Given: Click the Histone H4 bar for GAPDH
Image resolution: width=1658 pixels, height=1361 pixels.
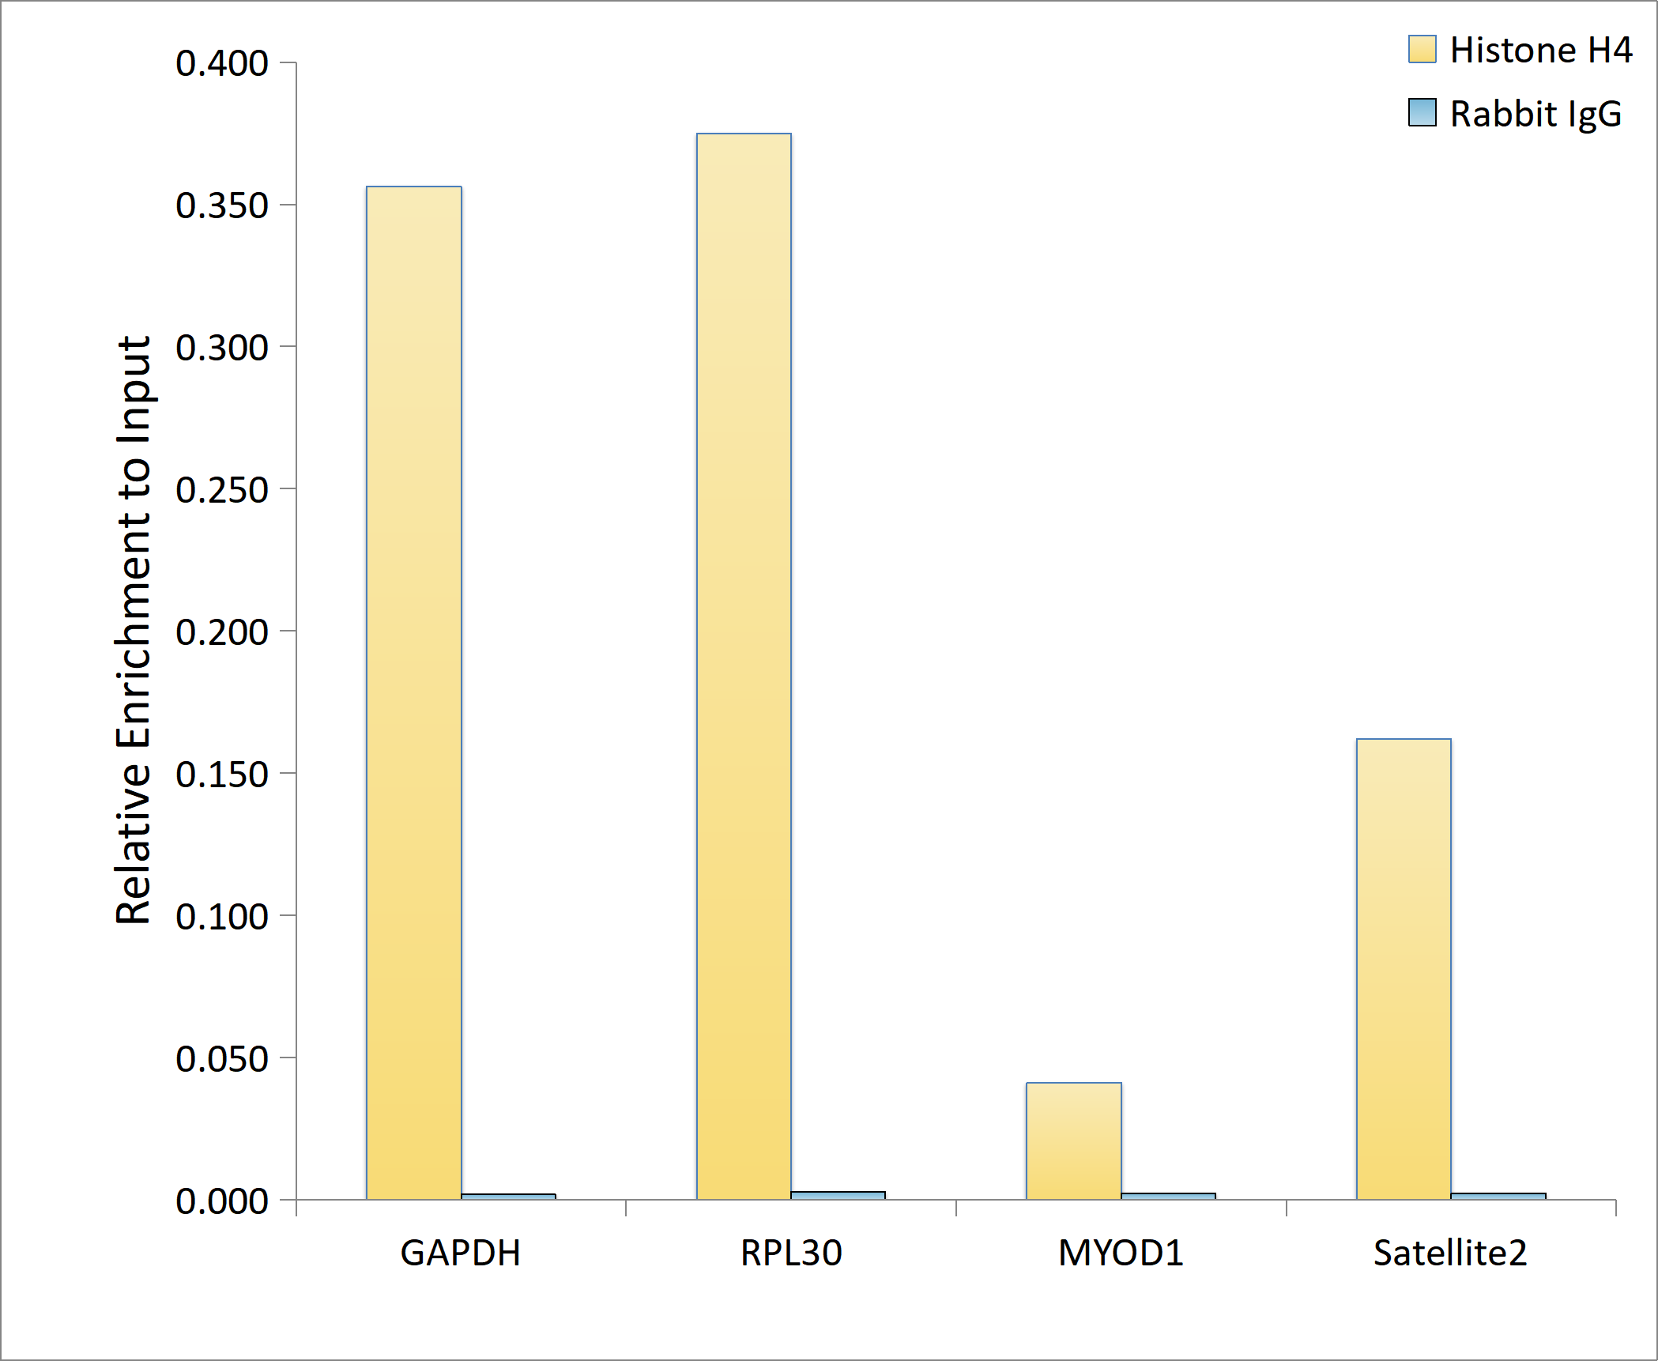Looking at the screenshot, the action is (x=414, y=693).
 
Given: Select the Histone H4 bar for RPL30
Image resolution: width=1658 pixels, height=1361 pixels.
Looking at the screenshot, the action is (x=744, y=666).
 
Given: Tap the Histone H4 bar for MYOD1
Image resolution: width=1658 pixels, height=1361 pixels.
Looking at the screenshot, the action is (x=1074, y=1141).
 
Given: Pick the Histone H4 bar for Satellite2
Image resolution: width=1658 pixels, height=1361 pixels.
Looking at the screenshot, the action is (x=1404, y=969).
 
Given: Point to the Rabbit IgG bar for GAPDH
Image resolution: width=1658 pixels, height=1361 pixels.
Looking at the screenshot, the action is (x=508, y=1197).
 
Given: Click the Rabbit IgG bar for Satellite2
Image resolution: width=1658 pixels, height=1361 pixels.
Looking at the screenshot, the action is (x=1498, y=1196).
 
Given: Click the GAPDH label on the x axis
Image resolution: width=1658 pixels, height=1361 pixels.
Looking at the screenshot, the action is (x=461, y=1254).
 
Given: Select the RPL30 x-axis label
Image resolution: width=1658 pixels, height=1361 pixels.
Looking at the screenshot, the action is (x=791, y=1254).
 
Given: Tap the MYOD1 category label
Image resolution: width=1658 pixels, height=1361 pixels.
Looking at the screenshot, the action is (x=1121, y=1254).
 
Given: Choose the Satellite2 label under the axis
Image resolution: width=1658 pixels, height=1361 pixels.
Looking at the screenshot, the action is (x=1450, y=1254).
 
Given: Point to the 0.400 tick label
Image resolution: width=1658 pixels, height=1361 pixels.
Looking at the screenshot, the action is (x=222, y=63).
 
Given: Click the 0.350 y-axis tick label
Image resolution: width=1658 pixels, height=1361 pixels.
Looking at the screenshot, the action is (x=222, y=205).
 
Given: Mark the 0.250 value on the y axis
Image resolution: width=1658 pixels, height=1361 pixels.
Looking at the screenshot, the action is (x=222, y=490).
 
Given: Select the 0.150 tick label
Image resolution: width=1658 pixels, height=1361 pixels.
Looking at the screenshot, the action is (x=222, y=775).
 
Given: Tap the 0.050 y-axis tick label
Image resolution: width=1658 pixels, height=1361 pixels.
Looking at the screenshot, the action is (x=222, y=1059).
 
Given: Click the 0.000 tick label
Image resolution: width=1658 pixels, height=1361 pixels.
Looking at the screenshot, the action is (x=222, y=1201).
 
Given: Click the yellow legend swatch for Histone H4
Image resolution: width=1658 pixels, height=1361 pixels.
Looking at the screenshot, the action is (x=1422, y=49).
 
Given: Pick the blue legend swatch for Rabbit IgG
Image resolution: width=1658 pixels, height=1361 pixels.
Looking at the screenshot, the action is (x=1422, y=112).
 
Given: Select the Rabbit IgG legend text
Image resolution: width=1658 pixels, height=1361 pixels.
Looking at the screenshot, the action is (x=1536, y=115).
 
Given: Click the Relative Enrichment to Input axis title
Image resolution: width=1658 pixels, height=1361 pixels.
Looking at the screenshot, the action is (x=134, y=630).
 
